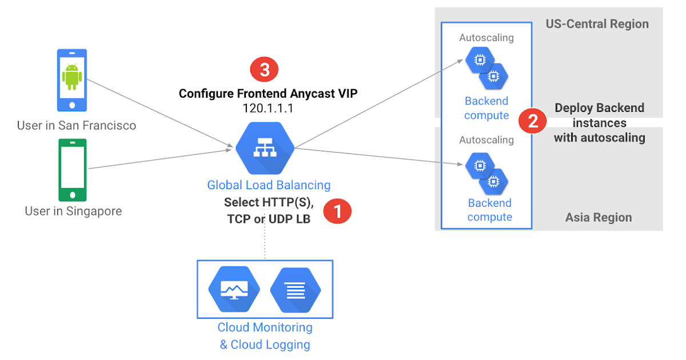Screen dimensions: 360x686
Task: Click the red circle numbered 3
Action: (x=264, y=70)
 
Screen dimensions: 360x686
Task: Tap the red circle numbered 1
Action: (x=337, y=211)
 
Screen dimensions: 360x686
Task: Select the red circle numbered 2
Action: (x=532, y=121)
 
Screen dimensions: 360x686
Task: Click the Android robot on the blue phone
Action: (x=71, y=77)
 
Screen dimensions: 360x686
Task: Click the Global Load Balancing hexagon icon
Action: (x=265, y=149)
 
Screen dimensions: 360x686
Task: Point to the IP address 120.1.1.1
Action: (x=268, y=109)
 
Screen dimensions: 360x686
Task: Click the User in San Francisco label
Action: (x=77, y=125)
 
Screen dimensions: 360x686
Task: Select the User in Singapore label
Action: (x=73, y=211)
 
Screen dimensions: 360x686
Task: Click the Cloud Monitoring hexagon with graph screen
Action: (x=234, y=290)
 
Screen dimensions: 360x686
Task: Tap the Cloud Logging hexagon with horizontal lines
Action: (x=295, y=290)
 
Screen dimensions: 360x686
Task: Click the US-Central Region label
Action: (x=597, y=24)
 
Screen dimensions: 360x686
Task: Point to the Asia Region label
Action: (x=599, y=217)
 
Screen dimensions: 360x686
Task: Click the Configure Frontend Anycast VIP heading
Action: (x=268, y=93)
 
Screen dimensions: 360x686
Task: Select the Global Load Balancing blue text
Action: (x=269, y=185)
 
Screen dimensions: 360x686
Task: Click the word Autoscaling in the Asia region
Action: (x=486, y=139)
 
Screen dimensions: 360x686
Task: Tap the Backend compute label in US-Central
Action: (x=486, y=108)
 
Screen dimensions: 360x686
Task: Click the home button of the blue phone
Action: (x=71, y=105)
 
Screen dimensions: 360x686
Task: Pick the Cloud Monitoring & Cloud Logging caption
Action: (x=265, y=336)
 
